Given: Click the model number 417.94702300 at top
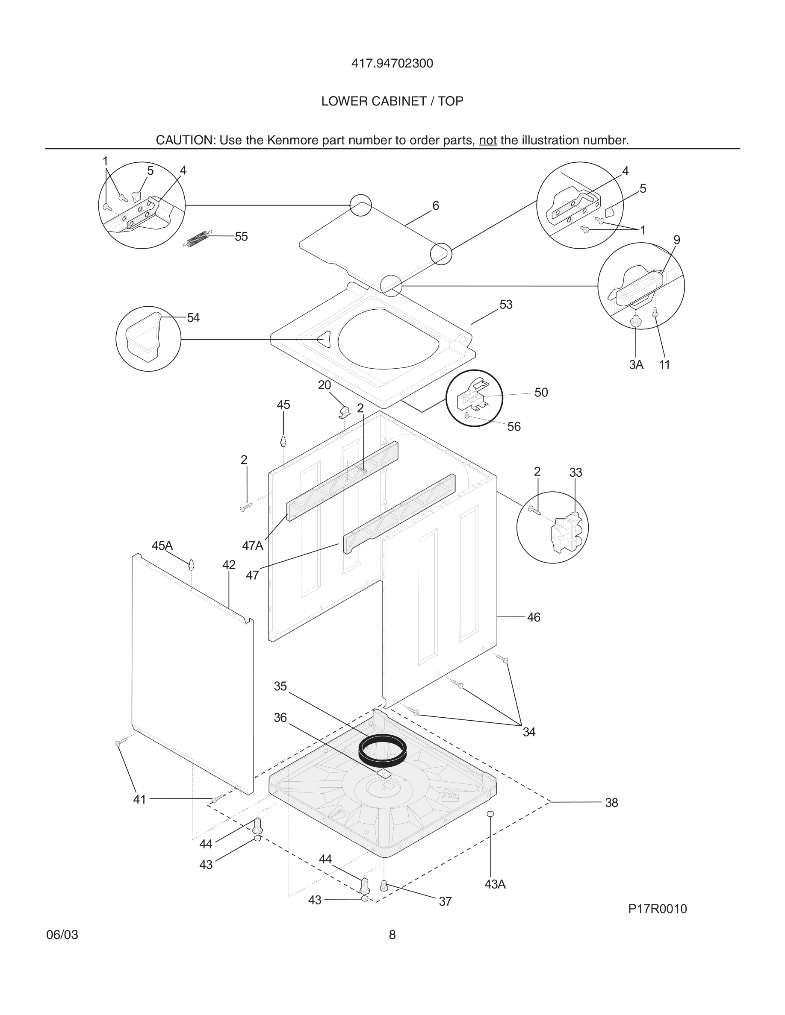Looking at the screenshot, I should pos(392,64).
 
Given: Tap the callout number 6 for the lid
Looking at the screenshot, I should pos(436,206).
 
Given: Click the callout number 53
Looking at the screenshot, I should pos(505,305).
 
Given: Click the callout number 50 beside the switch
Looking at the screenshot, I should pos(541,393).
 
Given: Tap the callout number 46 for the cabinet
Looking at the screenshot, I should pos(534,618).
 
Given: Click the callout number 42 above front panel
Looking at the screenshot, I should pos(229,565).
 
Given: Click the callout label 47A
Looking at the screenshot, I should pos(253,546).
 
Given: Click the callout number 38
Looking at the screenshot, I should pos(611,803).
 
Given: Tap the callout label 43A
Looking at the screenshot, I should pos(495,885).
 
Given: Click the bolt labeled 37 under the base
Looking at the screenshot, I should pos(384,886).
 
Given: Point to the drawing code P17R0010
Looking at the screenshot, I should pos(657,909).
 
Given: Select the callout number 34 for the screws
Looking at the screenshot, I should pos(529,733).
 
